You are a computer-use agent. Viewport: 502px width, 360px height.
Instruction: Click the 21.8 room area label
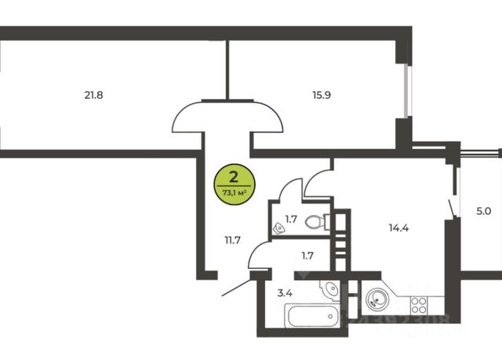94,96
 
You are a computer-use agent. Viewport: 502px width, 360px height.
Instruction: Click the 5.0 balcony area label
483,211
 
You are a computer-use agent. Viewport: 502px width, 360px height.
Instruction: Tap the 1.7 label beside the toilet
290,220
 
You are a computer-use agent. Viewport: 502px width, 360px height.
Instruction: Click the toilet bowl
317,222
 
